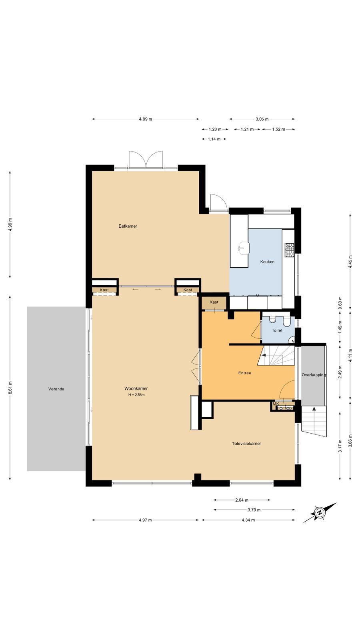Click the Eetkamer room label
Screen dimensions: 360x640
coord(128,226)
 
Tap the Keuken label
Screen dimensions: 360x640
coord(267,262)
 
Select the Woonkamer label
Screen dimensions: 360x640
coord(136,388)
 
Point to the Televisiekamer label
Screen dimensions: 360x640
coord(246,444)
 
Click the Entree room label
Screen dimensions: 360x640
coord(244,373)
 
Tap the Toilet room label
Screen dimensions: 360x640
coord(277,330)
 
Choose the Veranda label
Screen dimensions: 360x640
coord(56,389)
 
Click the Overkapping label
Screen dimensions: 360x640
coord(314,375)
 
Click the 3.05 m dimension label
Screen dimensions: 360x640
coord(262,119)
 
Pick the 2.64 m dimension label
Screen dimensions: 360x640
coord(242,500)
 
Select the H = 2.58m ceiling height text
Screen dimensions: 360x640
coord(136,395)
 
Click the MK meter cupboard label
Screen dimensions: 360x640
coord(276,404)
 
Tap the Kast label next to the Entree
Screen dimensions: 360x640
coord(214,302)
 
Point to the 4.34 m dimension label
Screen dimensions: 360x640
coord(248,520)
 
